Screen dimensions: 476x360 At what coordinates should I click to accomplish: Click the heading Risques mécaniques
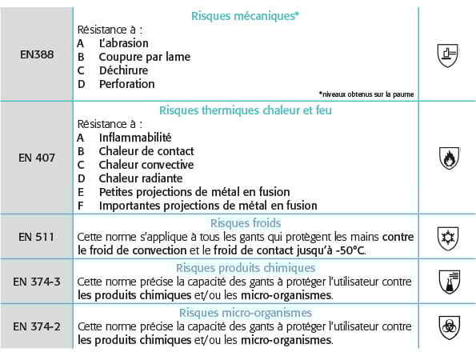[246, 15]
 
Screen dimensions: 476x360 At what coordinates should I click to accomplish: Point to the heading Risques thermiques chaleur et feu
[246, 110]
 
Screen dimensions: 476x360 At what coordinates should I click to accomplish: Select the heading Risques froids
[246, 223]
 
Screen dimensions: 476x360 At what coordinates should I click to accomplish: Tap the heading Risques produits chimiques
[246, 268]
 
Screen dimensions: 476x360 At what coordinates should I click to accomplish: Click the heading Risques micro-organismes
[246, 313]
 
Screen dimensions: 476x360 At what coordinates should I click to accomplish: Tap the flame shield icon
[448, 158]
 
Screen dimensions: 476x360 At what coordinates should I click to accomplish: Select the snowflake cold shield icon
[448, 237]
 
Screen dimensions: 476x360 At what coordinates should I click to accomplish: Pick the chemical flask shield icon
[448, 281]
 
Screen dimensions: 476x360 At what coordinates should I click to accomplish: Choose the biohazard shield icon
[448, 326]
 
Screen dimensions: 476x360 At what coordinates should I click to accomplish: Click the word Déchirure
[124, 70]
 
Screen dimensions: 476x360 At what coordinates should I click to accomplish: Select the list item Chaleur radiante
[140, 178]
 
